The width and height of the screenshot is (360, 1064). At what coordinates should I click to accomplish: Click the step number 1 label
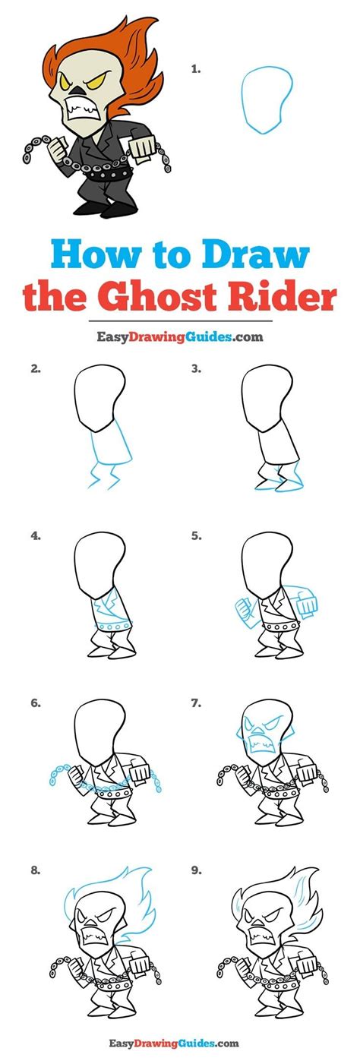pyautogui.click(x=196, y=69)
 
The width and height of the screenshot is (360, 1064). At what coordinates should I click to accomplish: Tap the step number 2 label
pyautogui.click(x=35, y=370)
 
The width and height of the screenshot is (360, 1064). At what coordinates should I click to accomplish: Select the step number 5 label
pyautogui.click(x=196, y=535)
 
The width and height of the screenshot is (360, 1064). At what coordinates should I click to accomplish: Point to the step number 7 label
pyautogui.click(x=196, y=702)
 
